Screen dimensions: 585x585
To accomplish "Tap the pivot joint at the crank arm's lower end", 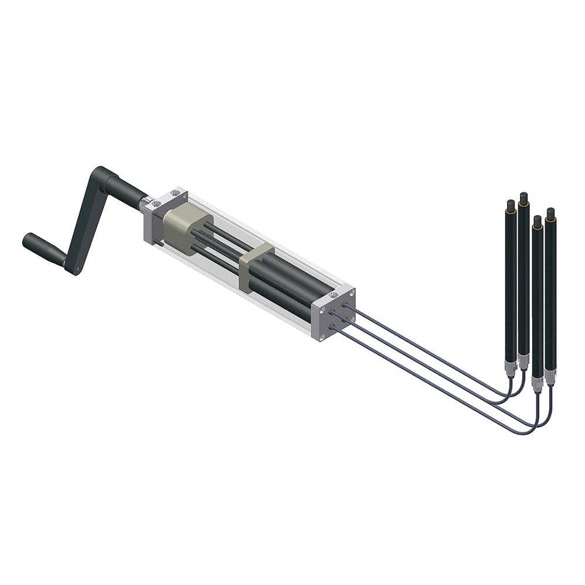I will click(x=75, y=269).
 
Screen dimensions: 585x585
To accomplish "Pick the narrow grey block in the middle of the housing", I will click(x=254, y=266).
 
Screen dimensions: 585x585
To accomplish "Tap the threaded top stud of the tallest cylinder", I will click(x=524, y=197).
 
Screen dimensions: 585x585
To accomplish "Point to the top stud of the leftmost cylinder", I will click(x=511, y=205).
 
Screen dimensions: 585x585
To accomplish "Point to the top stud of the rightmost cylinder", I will click(x=550, y=212).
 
